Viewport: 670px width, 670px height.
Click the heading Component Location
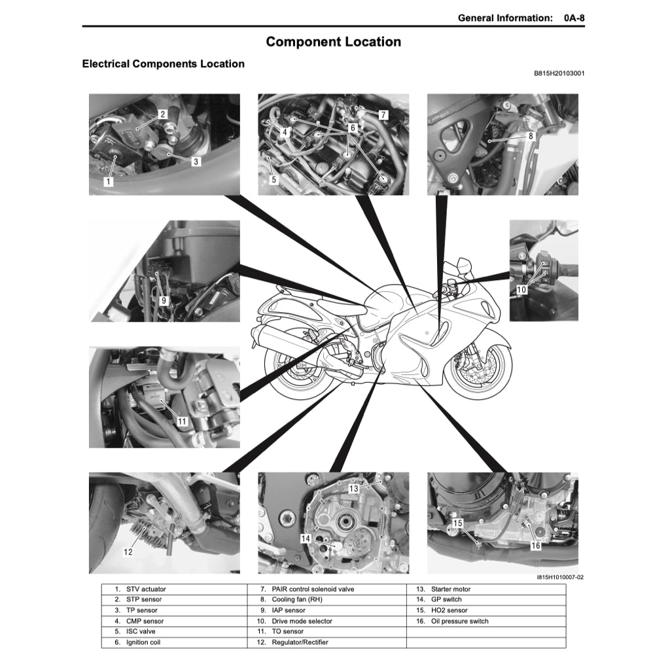334,42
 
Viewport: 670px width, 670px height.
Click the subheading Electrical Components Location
163,64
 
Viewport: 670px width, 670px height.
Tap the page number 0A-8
574,18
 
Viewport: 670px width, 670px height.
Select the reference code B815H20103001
559,73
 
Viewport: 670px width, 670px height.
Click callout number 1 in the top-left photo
109,182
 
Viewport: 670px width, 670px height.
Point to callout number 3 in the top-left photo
196,160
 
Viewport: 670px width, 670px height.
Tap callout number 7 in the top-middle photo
383,115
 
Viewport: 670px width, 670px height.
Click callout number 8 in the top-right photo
531,136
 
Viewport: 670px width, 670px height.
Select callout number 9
164,300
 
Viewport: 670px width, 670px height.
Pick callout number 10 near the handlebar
521,289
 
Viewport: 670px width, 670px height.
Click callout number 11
182,421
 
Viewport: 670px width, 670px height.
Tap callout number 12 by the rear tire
128,552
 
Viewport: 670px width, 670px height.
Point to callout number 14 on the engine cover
306,538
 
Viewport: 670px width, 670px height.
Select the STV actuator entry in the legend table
145,590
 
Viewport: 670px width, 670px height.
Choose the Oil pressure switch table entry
459,622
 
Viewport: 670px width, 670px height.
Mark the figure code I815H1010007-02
559,578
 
